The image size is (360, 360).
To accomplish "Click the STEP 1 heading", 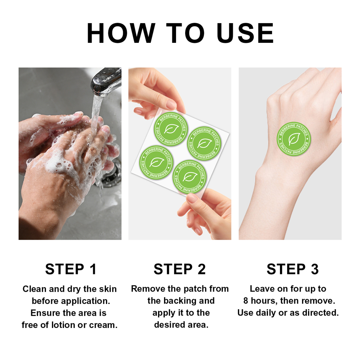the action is coord(70,269).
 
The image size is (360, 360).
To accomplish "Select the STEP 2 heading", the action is coord(180,269).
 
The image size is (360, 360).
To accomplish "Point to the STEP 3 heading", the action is coord(292,269).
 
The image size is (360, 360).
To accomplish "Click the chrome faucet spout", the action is coord(106,81).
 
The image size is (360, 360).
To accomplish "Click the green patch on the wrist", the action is coord(294,139).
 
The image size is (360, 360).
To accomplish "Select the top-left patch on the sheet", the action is coord(171,129).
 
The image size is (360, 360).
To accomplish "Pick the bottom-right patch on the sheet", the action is coord(190,177).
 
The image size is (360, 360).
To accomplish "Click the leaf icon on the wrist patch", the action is coord(294,139).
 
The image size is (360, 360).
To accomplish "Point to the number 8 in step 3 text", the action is coord(246,301).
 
